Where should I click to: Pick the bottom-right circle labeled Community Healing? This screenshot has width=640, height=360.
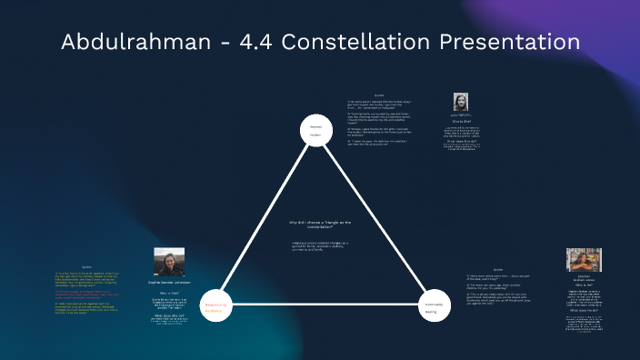[x=434, y=310]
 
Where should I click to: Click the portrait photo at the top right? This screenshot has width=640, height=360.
[x=460, y=102]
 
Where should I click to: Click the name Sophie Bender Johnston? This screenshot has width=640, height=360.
[x=169, y=283]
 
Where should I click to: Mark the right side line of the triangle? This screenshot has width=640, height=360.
[x=375, y=218]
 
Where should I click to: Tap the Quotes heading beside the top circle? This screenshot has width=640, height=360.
[x=379, y=95]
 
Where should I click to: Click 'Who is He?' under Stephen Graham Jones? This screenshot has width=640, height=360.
[x=584, y=285]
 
